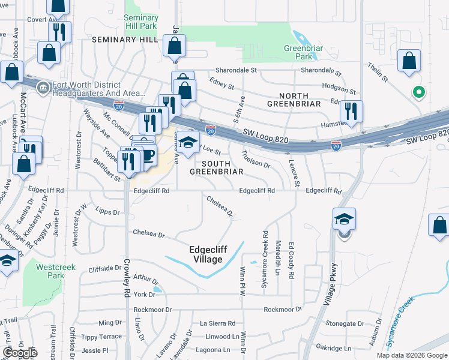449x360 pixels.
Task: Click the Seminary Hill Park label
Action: pos(141,22)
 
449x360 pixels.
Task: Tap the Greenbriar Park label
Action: pos(299,52)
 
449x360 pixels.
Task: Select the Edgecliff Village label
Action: pos(205,255)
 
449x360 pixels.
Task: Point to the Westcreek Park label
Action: pos(50,271)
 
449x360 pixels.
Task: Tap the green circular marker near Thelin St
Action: pos(419,92)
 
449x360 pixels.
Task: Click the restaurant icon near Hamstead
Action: pos(351,111)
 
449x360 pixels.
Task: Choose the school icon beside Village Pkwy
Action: pos(345,219)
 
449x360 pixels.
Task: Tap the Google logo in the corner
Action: pos(20,353)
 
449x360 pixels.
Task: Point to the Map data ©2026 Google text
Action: pos(412,355)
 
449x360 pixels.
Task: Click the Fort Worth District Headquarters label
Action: pos(98,89)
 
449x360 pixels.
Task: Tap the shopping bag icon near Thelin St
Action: pos(409,61)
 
